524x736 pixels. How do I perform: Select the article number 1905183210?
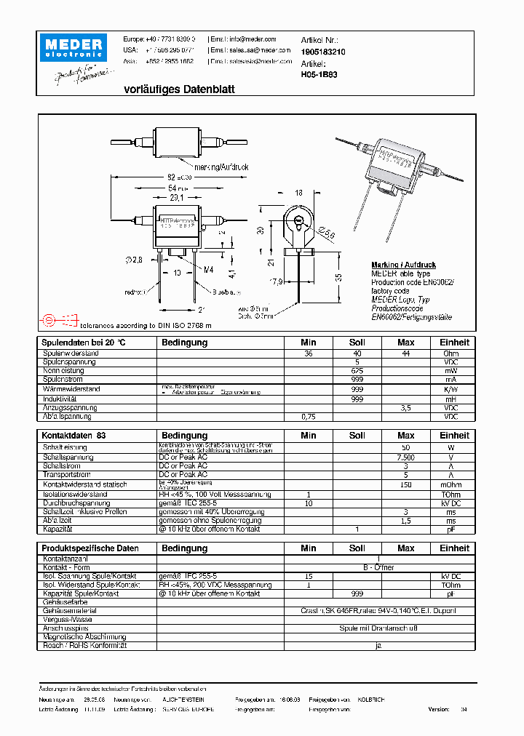323,52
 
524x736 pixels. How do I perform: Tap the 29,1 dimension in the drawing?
175,197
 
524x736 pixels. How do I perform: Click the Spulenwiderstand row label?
71,353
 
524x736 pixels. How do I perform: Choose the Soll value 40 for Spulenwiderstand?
357,353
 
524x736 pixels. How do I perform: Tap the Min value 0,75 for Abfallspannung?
308,417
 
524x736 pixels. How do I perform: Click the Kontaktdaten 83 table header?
73,436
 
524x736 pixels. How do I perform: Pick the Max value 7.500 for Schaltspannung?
405,457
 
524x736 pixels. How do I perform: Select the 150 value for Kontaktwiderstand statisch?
405,484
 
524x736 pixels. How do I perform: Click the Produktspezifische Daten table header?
90,548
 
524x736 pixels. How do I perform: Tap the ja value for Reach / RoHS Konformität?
378,645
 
